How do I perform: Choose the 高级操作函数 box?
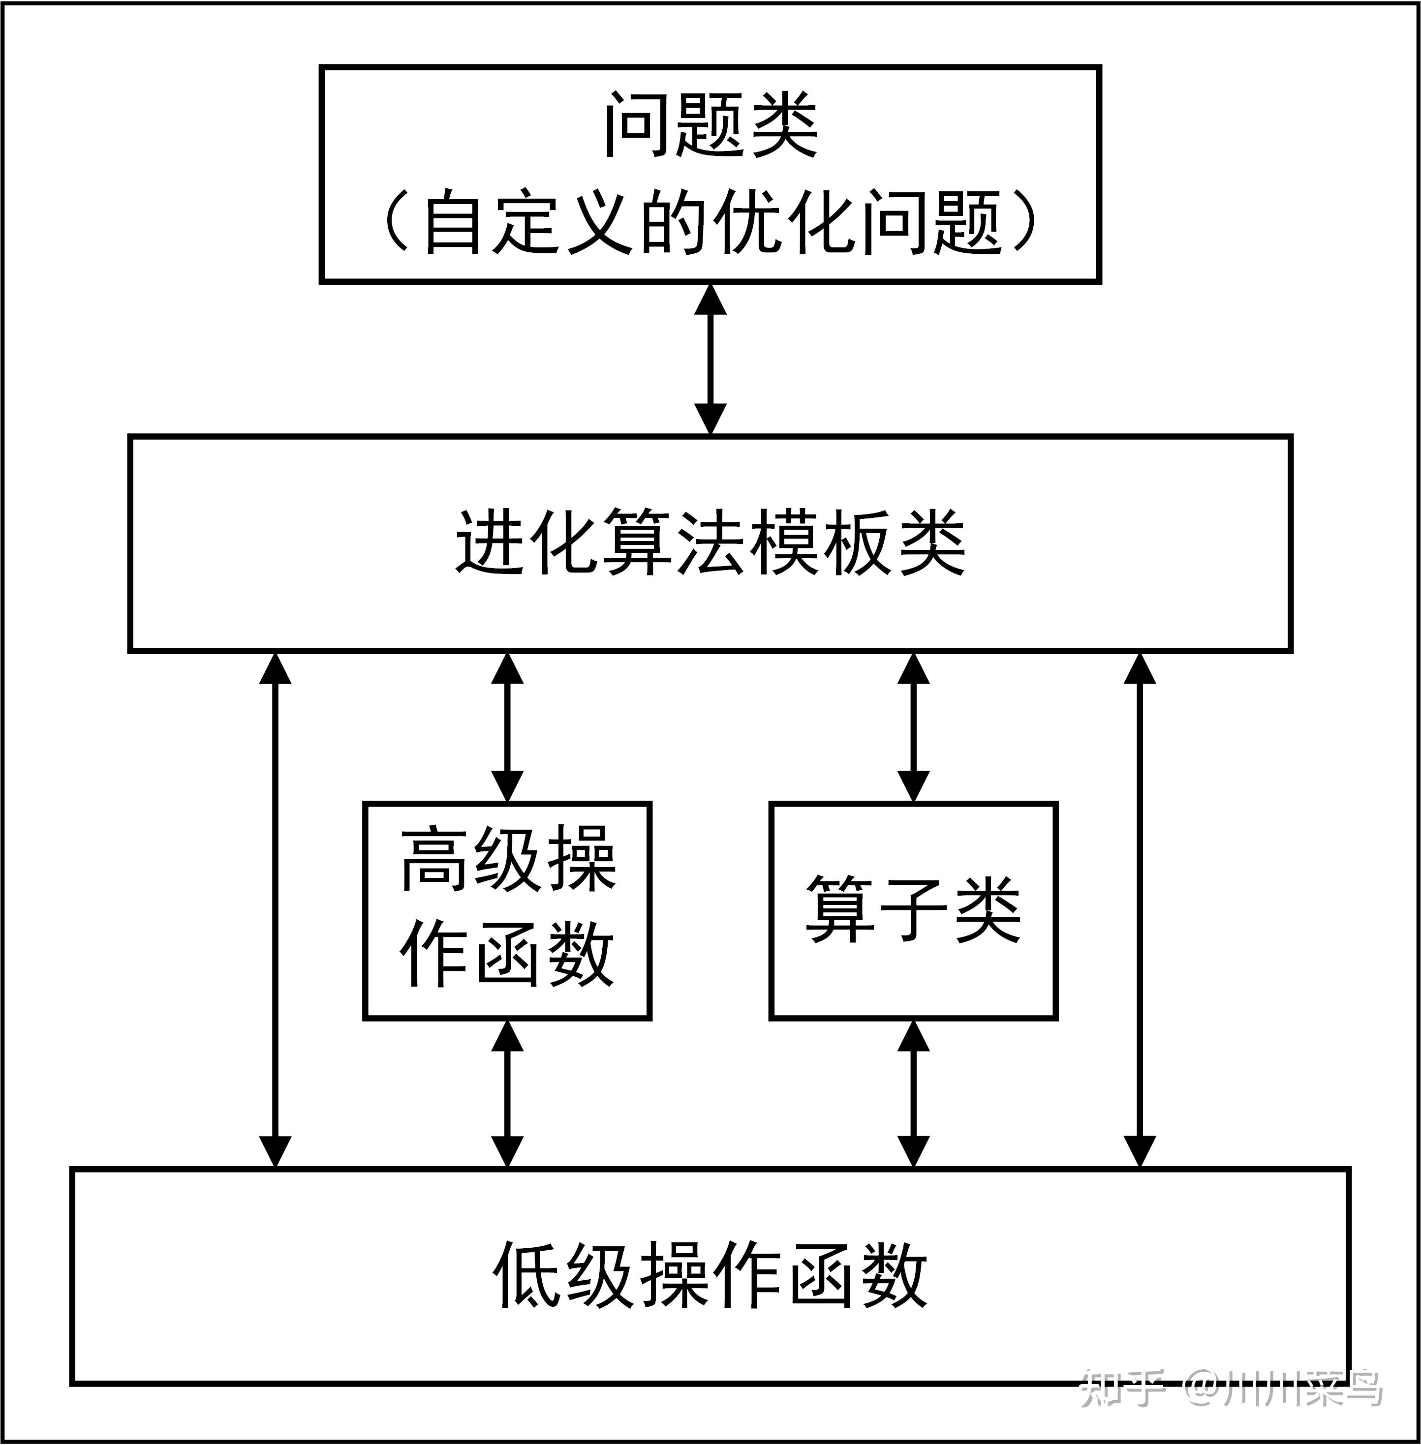(x=507, y=910)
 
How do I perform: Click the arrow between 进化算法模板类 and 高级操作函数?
(x=507, y=727)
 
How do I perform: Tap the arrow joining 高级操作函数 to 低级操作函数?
(x=507, y=1094)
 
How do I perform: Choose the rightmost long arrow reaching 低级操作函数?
(x=1139, y=910)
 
